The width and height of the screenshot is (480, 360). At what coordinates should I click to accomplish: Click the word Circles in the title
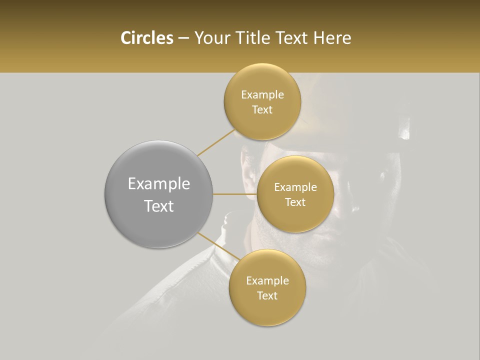click(146, 38)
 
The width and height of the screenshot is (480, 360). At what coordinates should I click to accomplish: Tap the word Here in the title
click(332, 38)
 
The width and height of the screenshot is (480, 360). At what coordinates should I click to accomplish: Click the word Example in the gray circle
click(158, 184)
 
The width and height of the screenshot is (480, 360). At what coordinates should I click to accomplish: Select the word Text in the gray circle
click(158, 206)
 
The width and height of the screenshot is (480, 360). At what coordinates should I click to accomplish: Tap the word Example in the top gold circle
click(262, 95)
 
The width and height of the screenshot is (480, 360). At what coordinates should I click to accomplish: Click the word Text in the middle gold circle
click(295, 202)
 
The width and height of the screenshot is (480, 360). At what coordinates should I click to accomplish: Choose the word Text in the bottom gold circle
click(267, 295)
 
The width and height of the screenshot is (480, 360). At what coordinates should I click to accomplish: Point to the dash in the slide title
click(183, 38)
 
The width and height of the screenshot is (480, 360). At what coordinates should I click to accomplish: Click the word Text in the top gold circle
click(262, 110)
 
